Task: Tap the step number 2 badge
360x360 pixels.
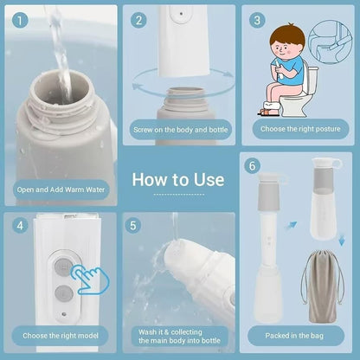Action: point(138,20)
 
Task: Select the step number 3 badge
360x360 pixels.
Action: point(257,20)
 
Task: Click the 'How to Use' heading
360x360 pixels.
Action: point(179,180)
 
